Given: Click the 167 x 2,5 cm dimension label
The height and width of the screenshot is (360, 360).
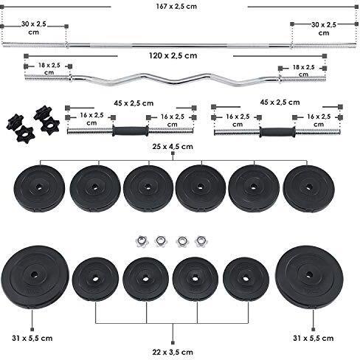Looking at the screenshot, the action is (x=176, y=7).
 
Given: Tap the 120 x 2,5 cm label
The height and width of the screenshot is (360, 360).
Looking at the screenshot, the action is (x=173, y=55).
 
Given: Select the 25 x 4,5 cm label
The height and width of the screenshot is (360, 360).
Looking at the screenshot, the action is (x=173, y=147).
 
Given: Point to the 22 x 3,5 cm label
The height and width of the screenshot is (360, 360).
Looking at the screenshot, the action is (x=173, y=352).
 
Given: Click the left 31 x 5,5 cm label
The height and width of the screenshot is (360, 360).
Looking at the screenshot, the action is (x=32, y=338).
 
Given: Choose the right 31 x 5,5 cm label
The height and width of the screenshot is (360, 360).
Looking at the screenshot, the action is (x=314, y=338).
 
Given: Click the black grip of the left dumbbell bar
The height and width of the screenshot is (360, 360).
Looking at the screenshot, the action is (x=131, y=131).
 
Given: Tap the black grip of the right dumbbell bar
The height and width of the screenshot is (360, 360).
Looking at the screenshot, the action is (x=277, y=132).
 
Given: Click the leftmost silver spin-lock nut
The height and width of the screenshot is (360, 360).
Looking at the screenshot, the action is (x=141, y=241).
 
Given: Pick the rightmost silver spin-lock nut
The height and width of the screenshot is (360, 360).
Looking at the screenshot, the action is (x=201, y=241).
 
